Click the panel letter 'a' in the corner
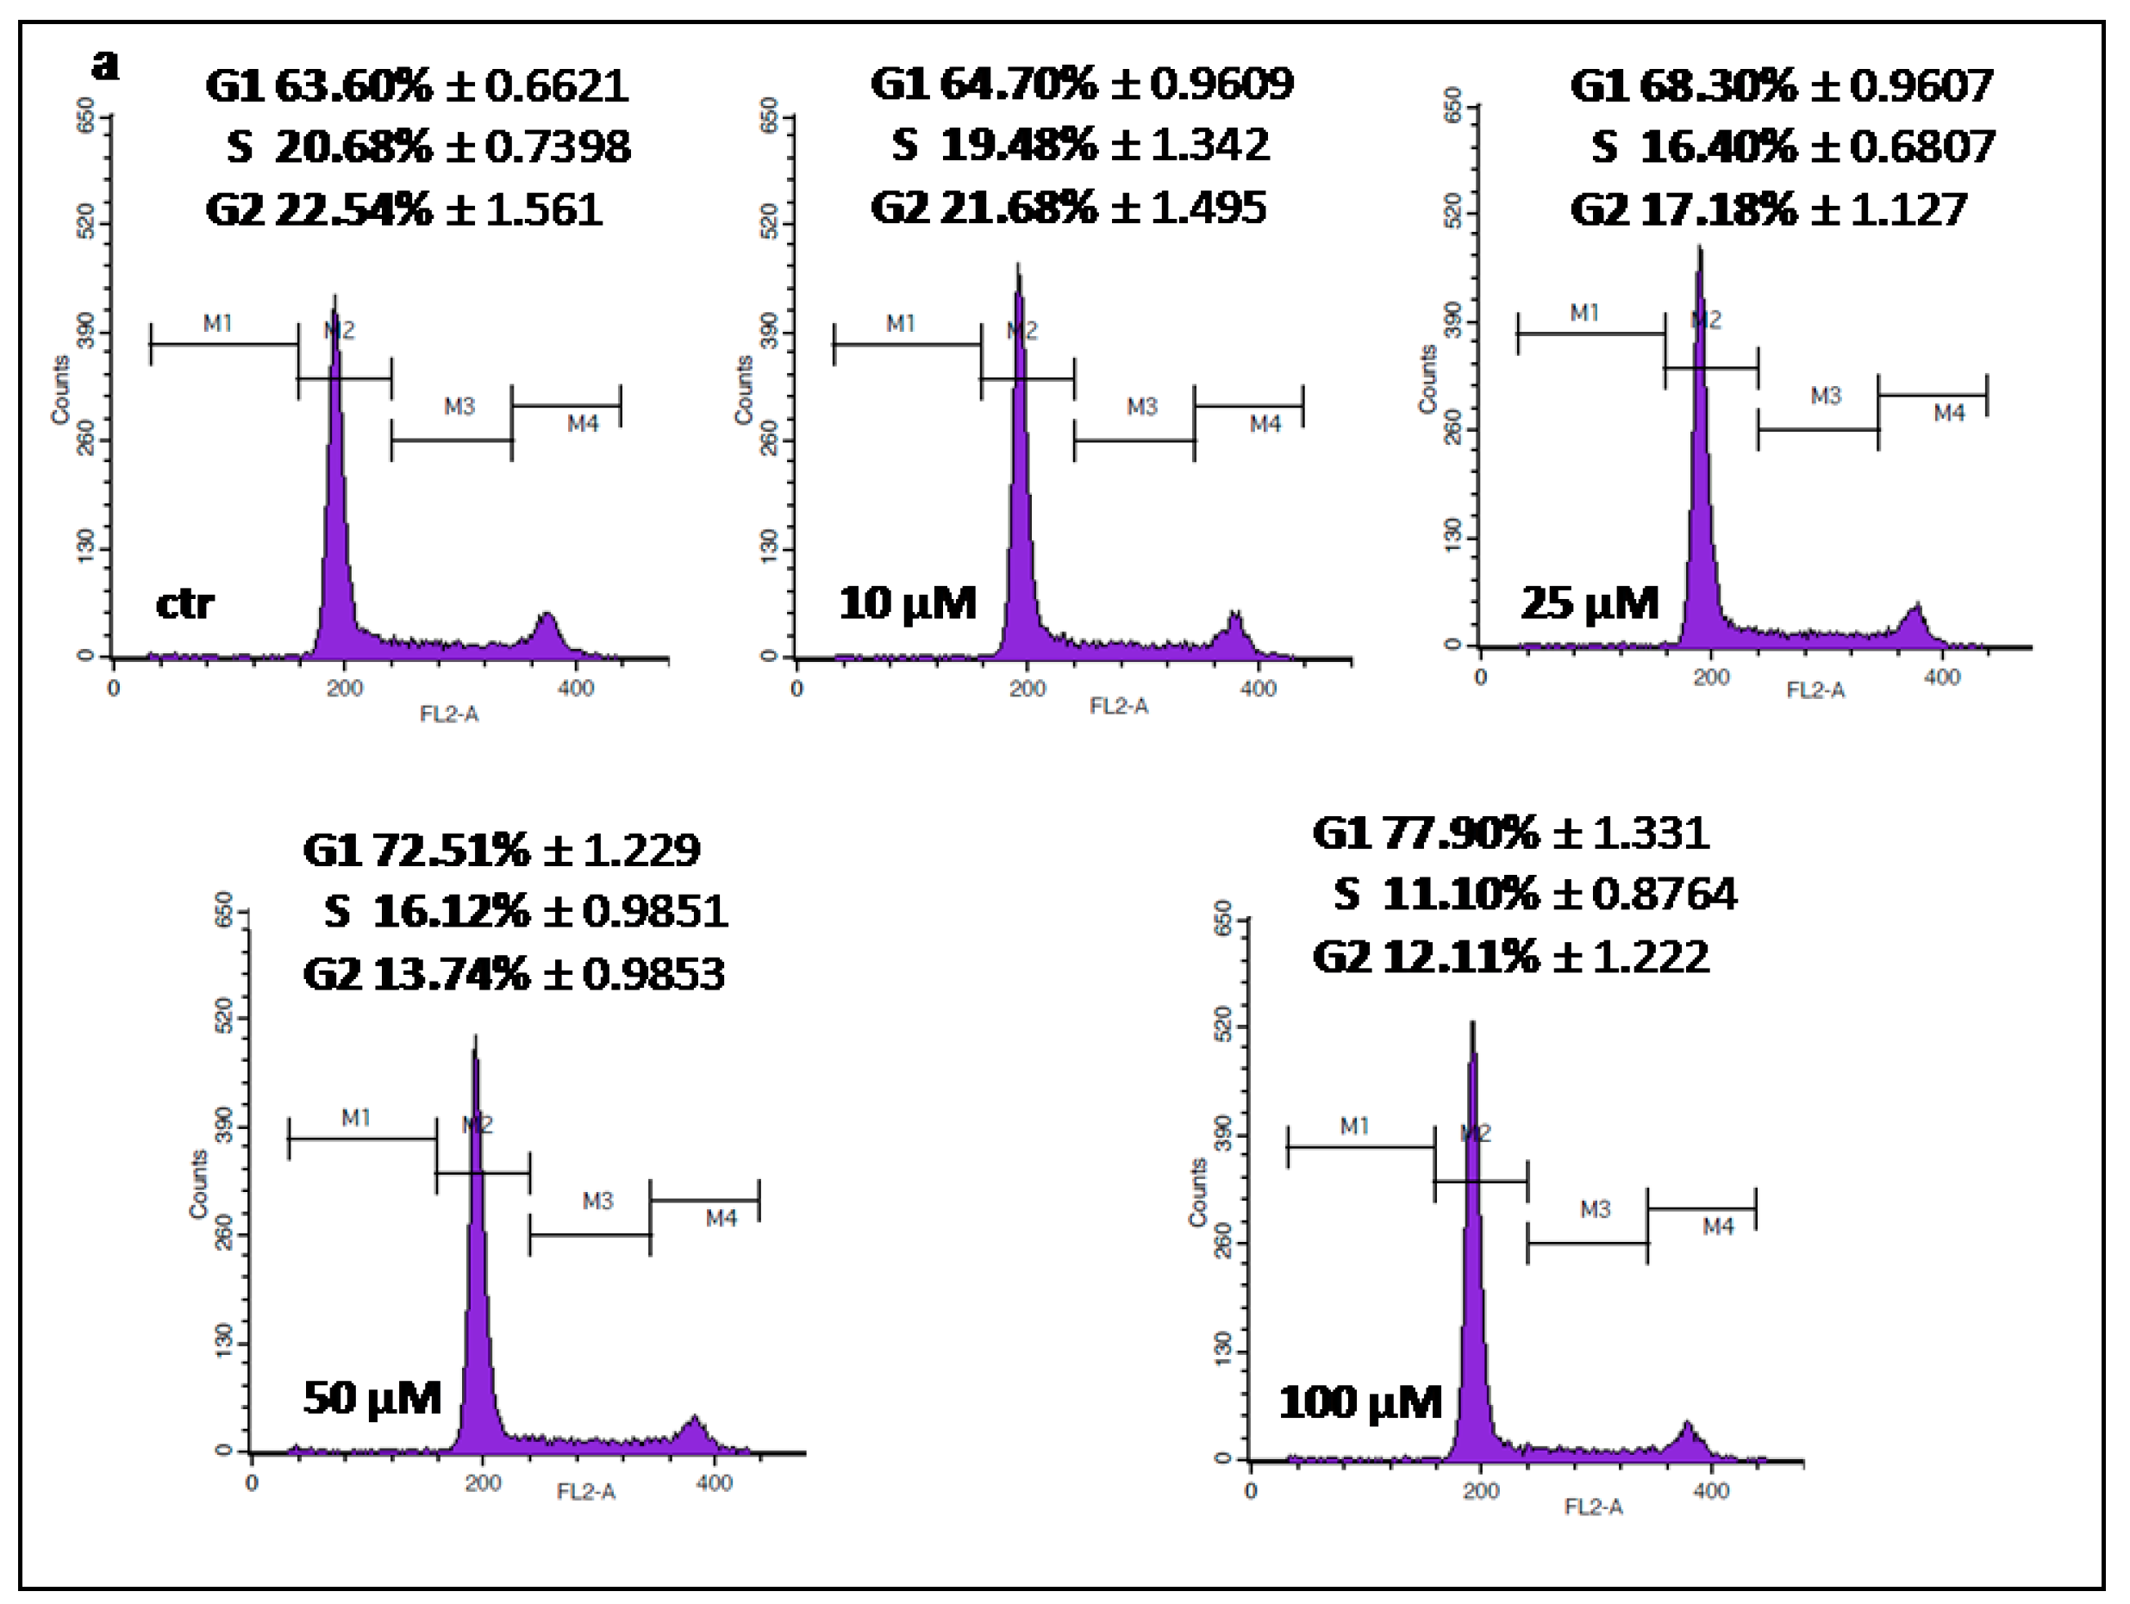[x=106, y=66]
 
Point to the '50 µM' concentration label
[x=372, y=1399]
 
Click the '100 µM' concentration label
[x=1360, y=1403]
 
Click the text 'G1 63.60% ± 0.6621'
[x=417, y=85]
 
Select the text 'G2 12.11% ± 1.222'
[x=1511, y=958]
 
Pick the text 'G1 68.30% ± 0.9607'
[x=1782, y=85]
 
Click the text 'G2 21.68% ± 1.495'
[x=1069, y=208]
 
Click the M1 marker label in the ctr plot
[x=217, y=323]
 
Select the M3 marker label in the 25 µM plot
[x=1825, y=396]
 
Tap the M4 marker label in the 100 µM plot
[x=1718, y=1226]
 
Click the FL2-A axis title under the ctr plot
[x=449, y=715]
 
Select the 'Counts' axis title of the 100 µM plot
[x=1197, y=1192]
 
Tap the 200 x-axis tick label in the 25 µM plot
[x=1711, y=677]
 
